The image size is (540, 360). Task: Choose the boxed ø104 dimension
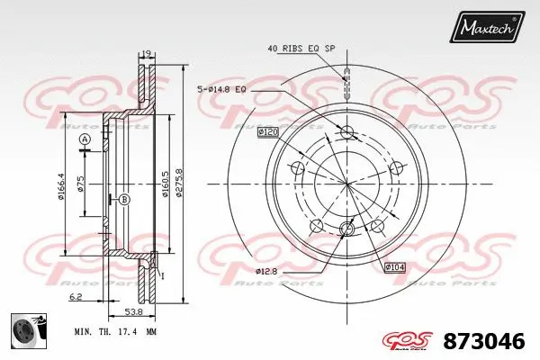pyautogui.click(x=395, y=266)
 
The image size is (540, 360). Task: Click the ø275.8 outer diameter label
pyautogui.click(x=179, y=184)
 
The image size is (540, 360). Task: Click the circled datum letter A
pyautogui.click(x=85, y=139)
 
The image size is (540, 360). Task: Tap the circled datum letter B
pyautogui.click(x=124, y=199)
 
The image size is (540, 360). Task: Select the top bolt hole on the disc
pyautogui.click(x=348, y=133)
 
